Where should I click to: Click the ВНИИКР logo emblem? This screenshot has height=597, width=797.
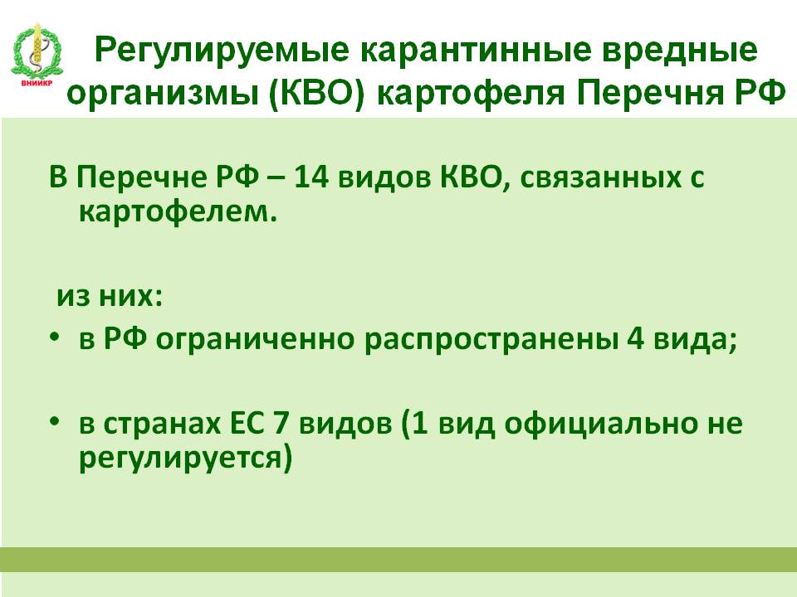pos(37,55)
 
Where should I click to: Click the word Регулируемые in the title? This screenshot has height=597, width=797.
pos(222,51)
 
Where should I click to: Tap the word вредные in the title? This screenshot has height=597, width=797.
pos(681,51)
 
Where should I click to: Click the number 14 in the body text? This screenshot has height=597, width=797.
pos(311,178)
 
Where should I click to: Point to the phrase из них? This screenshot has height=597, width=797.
pos(109,296)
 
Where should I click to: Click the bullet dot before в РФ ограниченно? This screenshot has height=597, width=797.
pos(55,337)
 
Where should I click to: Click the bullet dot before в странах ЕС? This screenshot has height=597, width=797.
pos(55,421)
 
